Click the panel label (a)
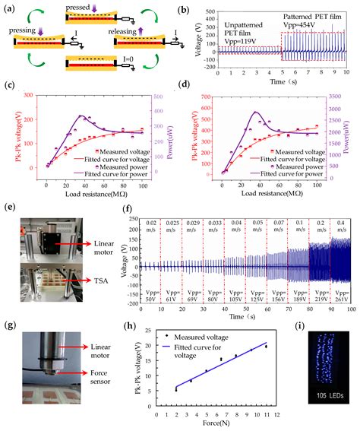pyautogui.click(x=9, y=8)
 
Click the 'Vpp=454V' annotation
pyautogui.click(x=314, y=24)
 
